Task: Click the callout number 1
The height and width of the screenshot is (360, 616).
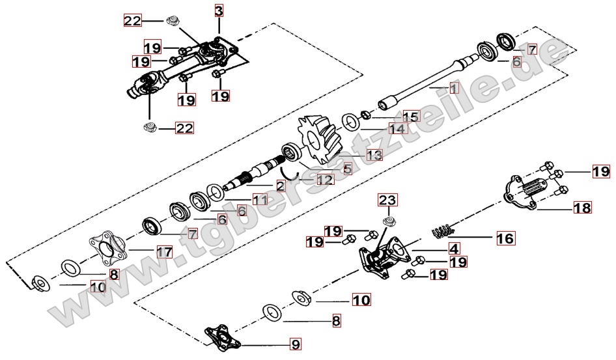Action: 454,87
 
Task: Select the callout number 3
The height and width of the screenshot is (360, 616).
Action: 219,10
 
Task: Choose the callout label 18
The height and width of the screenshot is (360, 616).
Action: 581,208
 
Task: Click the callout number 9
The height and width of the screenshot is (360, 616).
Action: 294,342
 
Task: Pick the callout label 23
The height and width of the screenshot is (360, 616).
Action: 387,199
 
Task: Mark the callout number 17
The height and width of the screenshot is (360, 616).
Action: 164,251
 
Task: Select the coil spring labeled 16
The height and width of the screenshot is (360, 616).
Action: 443,230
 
